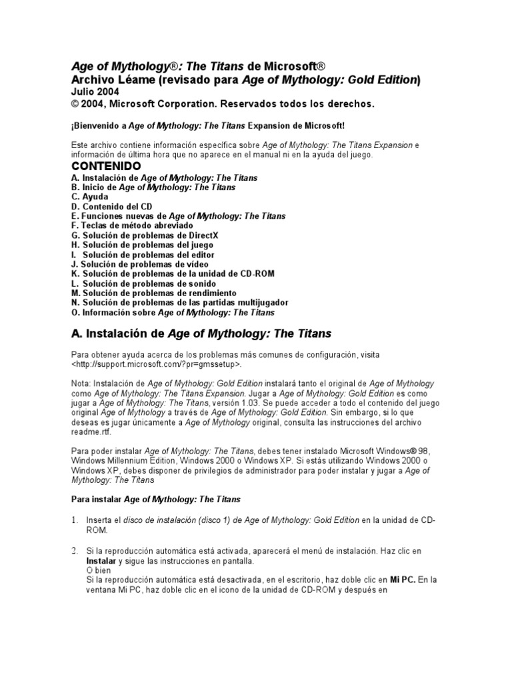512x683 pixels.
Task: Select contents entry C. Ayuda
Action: coord(89,197)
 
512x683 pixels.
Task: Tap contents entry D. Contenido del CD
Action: coord(111,207)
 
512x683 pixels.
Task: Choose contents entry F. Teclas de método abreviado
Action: coord(131,226)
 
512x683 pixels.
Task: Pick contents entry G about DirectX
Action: coord(145,235)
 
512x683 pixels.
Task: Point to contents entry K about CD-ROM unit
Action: coord(173,273)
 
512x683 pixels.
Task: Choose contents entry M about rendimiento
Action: coord(153,293)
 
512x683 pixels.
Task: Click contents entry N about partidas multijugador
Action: coord(179,302)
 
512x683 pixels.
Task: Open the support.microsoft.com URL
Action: coord(157,365)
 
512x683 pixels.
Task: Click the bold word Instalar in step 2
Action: coord(101,562)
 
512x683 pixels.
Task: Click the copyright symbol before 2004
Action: coord(75,103)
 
